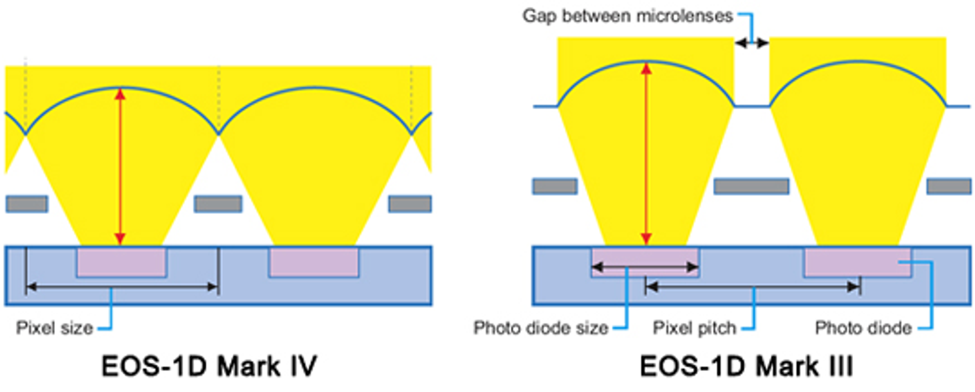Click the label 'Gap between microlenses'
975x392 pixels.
coord(628,16)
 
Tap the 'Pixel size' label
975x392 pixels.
coord(55,328)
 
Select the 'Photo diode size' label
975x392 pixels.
coord(541,328)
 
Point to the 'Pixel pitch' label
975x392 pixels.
coord(694,328)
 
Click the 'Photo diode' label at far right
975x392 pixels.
coord(863,328)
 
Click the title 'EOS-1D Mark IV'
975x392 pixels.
coord(209,366)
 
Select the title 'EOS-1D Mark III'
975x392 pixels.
coord(746,366)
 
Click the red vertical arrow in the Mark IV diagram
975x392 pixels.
coord(120,166)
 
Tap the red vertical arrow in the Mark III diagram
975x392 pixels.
coord(646,154)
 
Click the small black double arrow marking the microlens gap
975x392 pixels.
coord(752,43)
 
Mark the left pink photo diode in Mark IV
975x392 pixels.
coord(121,262)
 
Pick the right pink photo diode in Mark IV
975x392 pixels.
coord(314,262)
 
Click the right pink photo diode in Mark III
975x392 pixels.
coord(858,262)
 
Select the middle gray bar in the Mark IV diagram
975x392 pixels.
coord(218,204)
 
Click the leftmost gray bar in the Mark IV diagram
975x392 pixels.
coord(27,204)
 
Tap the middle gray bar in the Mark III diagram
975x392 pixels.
coord(751,186)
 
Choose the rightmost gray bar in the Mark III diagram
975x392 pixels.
coord(949,186)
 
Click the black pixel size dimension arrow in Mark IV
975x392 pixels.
coord(121,287)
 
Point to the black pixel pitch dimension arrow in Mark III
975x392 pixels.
coord(753,287)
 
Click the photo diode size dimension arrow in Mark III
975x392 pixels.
coord(645,267)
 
